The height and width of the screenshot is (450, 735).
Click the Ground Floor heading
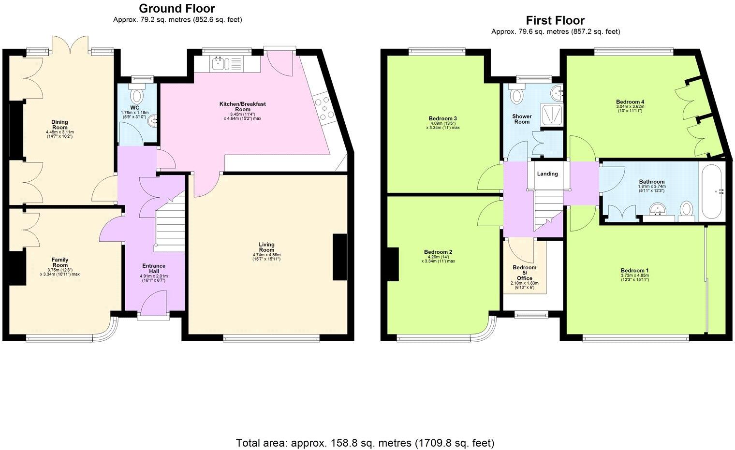click(177, 8)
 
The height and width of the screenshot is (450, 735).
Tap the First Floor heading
click(555, 20)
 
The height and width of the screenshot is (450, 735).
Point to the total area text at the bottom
click(365, 443)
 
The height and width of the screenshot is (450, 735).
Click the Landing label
click(547, 174)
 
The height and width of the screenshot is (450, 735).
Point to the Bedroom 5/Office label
click(525, 273)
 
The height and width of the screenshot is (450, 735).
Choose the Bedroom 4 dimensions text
click(630, 109)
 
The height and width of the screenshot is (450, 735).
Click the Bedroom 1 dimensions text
click(634, 276)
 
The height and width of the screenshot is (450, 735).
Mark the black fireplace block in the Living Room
click(339, 257)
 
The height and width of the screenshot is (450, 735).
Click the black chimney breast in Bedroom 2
click(392, 264)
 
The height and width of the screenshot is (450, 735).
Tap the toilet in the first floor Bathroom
click(686, 210)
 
